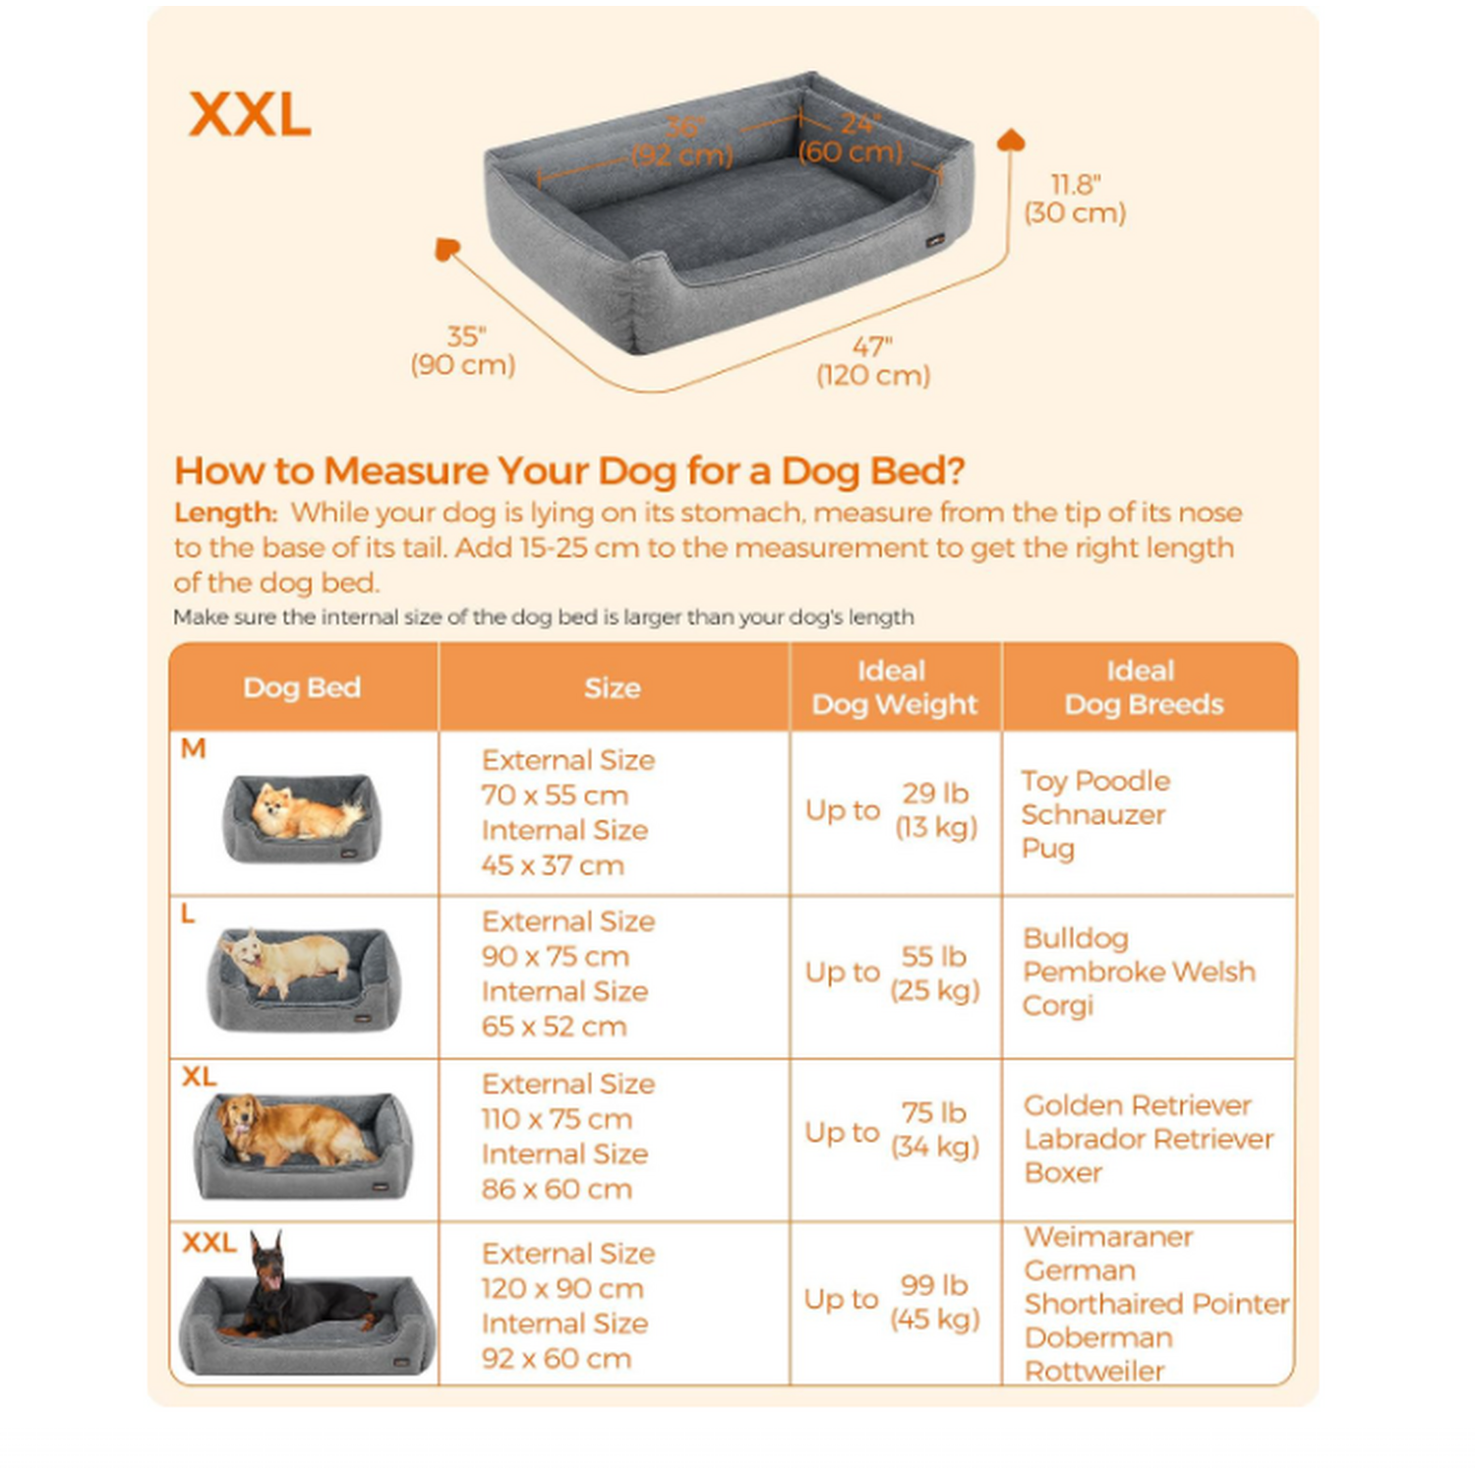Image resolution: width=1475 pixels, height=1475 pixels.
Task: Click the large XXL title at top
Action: coord(250,115)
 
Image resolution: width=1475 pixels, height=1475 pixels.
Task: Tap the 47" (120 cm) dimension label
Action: coord(873,362)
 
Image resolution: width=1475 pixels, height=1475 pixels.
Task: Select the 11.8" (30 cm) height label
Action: coord(1075,199)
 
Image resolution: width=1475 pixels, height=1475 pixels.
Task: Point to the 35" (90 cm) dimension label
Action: coord(463,351)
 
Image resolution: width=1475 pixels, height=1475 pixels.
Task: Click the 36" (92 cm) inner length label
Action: coord(682,142)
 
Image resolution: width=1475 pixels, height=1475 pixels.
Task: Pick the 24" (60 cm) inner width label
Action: coord(852,138)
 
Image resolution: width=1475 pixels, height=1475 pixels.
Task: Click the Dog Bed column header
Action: coord(302,687)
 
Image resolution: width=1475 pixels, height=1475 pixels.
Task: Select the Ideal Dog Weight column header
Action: coord(894,687)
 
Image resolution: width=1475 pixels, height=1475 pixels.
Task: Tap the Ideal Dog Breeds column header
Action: coord(1144,687)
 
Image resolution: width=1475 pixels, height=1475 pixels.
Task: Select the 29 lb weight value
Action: coord(935,794)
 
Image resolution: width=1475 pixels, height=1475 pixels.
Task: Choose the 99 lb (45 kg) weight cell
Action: coord(935,1302)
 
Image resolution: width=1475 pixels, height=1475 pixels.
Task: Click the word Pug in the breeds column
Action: coord(1048,849)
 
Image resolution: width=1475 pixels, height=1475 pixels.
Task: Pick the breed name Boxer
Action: coord(1063,1173)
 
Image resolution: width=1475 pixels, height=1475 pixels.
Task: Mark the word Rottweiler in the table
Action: coord(1094,1371)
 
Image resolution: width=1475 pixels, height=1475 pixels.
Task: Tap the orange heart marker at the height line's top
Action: coord(1011,140)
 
